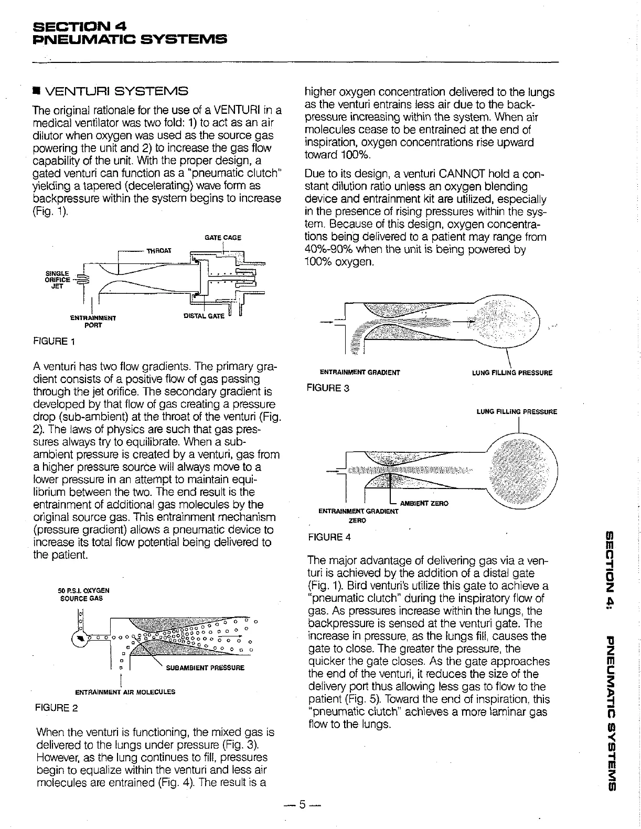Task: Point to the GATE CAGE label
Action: [x=223, y=237]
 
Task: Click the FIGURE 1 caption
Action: [x=54, y=342]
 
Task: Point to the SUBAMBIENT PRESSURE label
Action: [x=205, y=668]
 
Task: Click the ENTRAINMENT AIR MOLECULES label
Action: [x=123, y=692]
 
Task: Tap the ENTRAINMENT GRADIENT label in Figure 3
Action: [x=360, y=373]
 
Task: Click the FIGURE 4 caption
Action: [x=329, y=537]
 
